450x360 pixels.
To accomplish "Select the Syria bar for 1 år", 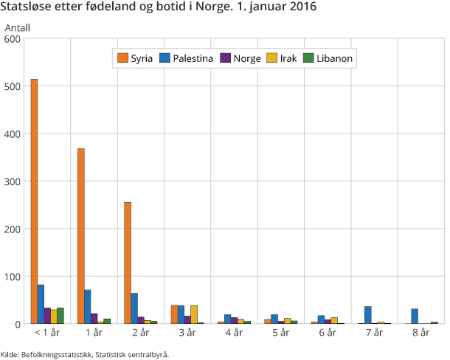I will pyautogui.click(x=80, y=236).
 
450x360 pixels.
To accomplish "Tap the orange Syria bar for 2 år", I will pyautogui.click(x=128, y=263).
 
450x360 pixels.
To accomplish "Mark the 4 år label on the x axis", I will pyautogui.click(x=234, y=333).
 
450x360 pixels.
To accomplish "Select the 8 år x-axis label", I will pyautogui.click(x=421, y=333).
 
